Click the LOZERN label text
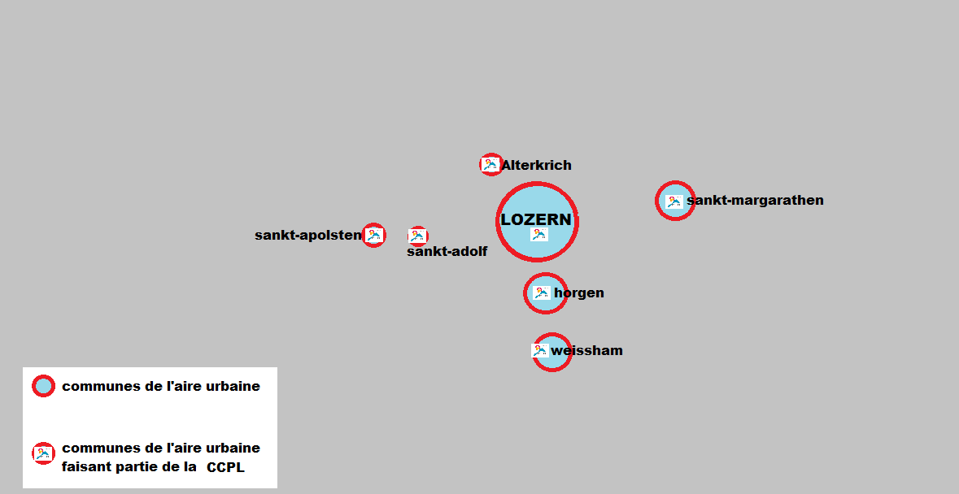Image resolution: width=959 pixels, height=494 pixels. (x=536, y=220)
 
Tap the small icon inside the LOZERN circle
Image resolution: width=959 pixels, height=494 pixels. (x=538, y=234)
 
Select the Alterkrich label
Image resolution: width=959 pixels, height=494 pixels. (x=536, y=165)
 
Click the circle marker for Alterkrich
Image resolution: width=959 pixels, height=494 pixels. (x=490, y=165)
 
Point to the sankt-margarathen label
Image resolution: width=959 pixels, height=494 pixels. (x=755, y=200)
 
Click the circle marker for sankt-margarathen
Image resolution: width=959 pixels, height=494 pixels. (x=674, y=201)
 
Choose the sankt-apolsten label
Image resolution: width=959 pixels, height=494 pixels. (x=307, y=236)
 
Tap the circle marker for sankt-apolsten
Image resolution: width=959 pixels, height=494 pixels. (x=373, y=235)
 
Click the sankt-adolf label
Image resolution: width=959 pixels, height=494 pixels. (x=447, y=252)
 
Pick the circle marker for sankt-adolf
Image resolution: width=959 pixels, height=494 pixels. (x=418, y=236)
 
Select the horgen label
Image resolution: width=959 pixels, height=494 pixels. (x=579, y=292)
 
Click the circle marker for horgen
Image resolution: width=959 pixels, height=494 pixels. (x=545, y=292)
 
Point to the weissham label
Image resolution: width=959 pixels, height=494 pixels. (x=586, y=351)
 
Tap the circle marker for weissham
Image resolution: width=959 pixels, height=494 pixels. (x=552, y=352)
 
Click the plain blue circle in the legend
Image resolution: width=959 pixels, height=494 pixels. (x=43, y=386)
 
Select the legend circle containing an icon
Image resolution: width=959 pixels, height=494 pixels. (x=43, y=453)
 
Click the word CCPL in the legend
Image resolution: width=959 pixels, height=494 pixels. (x=225, y=467)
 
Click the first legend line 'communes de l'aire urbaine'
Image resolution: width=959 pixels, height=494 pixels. (x=161, y=386)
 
